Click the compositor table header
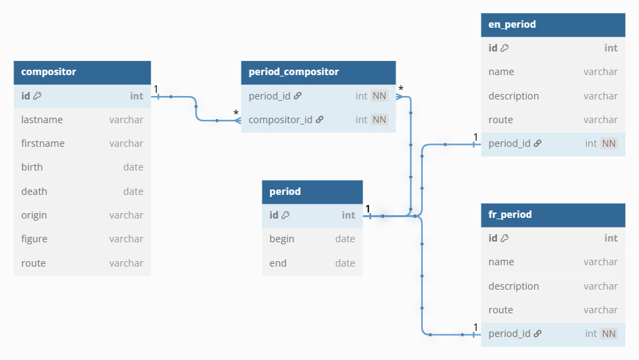[82, 72]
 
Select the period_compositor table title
[293, 72]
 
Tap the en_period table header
[553, 25]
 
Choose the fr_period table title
[510, 215]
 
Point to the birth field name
[32, 167]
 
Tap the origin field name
[34, 215]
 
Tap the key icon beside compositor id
[37, 96]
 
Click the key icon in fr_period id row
[504, 238]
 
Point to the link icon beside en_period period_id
[538, 143]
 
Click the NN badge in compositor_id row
[379, 120]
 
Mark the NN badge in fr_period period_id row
[609, 334]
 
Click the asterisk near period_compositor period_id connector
[401, 89]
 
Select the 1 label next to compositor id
[156, 89]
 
